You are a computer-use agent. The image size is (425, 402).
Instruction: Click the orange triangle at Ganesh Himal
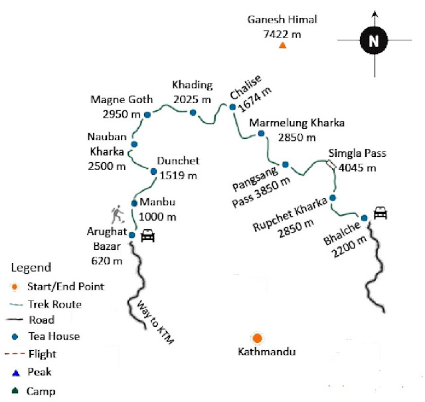pyautogui.click(x=282, y=46)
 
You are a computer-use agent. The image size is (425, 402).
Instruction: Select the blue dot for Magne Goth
pyautogui.click(x=147, y=115)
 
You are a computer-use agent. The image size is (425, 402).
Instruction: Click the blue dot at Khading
pyautogui.click(x=193, y=112)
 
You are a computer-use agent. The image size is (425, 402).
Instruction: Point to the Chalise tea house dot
pyautogui.click(x=232, y=107)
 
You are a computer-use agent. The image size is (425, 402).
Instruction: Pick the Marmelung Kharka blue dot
pyautogui.click(x=261, y=134)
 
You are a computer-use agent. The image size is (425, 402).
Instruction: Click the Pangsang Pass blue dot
pyautogui.click(x=285, y=164)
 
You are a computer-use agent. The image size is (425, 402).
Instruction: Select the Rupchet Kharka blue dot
pyautogui.click(x=333, y=198)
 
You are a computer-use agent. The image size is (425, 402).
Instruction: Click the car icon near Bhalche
pyautogui.click(x=381, y=213)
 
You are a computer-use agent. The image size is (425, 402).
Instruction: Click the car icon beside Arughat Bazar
pyautogui.click(x=148, y=235)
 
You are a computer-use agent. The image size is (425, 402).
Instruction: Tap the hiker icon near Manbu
pyautogui.click(x=118, y=215)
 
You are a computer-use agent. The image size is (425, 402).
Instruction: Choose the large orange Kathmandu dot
pyautogui.click(x=256, y=338)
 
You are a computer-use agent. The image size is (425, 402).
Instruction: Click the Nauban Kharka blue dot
pyautogui.click(x=134, y=144)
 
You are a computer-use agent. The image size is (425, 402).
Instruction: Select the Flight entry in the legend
pyautogui.click(x=41, y=354)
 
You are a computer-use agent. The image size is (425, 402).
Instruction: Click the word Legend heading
pyautogui.click(x=31, y=268)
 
